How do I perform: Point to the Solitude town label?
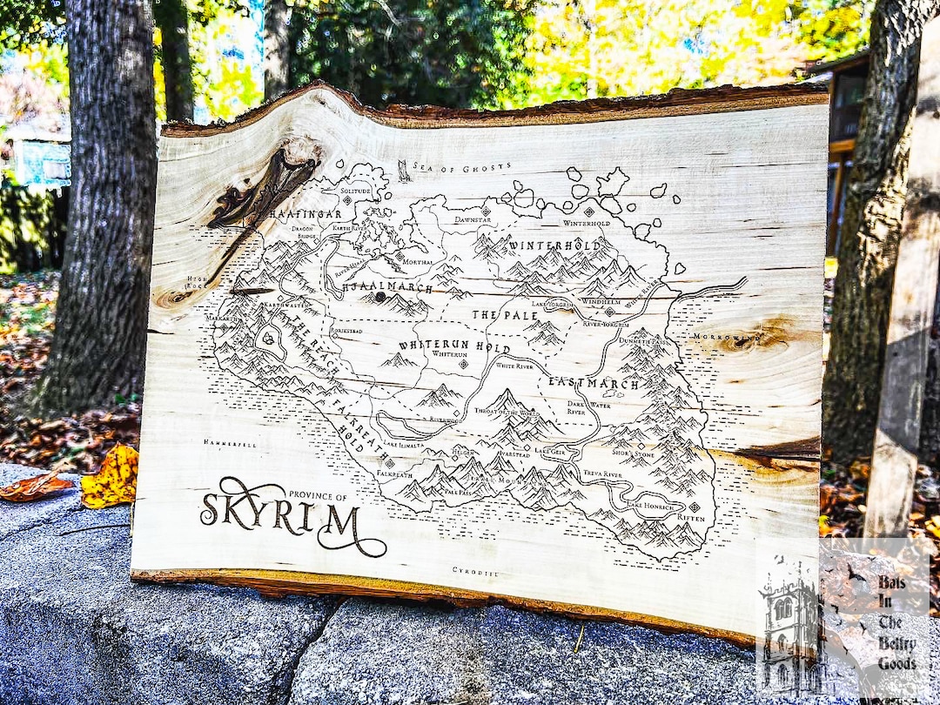[355, 190]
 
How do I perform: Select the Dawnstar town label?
[473, 220]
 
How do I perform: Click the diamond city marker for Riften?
[694, 506]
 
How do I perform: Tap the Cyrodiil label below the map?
[475, 571]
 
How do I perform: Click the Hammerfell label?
[230, 443]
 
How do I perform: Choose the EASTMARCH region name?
[594, 383]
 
